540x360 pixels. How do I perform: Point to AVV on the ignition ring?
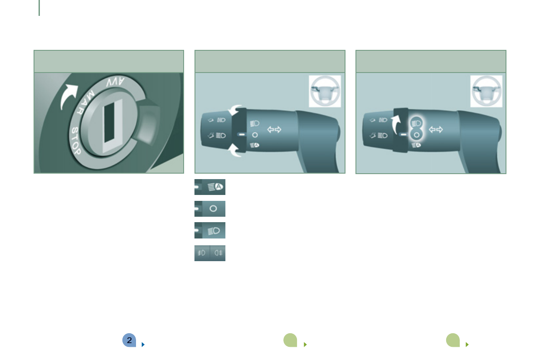115,82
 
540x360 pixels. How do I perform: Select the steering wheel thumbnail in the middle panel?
325,91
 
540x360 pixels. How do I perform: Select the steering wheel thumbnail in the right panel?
486,91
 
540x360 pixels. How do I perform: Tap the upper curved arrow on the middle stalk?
234,110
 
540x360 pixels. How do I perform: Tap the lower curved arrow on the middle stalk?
235,150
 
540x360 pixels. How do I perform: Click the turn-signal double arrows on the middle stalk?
274,130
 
